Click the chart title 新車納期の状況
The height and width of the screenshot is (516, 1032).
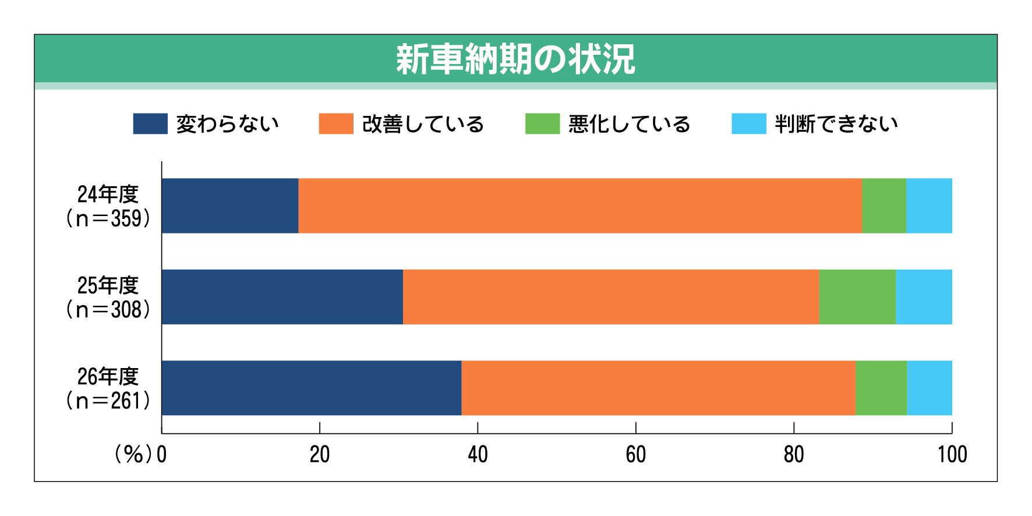515,59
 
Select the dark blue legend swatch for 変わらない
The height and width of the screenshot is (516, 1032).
150,123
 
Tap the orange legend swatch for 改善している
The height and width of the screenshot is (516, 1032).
336,123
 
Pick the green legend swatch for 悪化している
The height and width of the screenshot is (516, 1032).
542,123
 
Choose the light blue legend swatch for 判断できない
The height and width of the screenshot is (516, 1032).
749,123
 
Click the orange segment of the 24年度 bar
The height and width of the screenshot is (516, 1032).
580,206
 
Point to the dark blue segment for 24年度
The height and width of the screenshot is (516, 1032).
230,206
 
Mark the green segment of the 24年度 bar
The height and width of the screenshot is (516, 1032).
884,206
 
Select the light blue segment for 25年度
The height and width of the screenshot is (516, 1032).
924,296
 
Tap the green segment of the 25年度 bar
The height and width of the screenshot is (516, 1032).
857,296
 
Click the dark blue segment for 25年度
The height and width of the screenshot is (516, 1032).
282,296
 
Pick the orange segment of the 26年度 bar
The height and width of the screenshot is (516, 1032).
659,388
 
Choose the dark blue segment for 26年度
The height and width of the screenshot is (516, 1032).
312,388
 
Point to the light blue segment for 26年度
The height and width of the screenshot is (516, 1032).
929,388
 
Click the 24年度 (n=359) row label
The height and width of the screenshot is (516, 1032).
108,206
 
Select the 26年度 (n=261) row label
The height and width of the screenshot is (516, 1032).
108,388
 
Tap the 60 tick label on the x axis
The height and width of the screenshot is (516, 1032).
636,454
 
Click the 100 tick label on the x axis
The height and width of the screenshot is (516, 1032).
952,454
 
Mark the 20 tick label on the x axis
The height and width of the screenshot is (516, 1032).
320,454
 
